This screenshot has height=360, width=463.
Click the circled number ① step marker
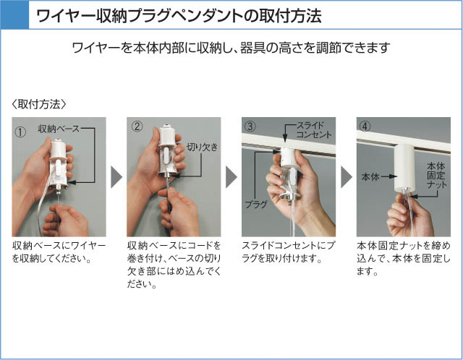[20, 132]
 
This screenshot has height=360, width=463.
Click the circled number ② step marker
[137, 127]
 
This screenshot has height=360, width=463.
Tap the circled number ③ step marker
[250, 127]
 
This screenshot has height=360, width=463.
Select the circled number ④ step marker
[365, 127]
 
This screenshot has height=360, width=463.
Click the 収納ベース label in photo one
[59, 129]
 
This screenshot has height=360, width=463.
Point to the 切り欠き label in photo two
[203, 147]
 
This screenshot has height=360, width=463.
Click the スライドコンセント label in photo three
[313, 130]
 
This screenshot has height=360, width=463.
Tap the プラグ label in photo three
[256, 204]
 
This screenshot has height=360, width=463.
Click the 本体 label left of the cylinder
[370, 176]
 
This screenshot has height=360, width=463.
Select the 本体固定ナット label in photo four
[437, 175]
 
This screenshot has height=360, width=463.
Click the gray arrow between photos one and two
[116, 177]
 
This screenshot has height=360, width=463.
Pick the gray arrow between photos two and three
[231, 177]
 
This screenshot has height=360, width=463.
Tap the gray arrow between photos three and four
[347, 177]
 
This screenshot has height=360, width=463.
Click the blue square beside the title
[14, 14]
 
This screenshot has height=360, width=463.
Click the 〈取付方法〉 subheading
[39, 104]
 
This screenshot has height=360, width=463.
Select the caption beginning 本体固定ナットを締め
[404, 258]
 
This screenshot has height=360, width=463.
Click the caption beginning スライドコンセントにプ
[288, 252]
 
